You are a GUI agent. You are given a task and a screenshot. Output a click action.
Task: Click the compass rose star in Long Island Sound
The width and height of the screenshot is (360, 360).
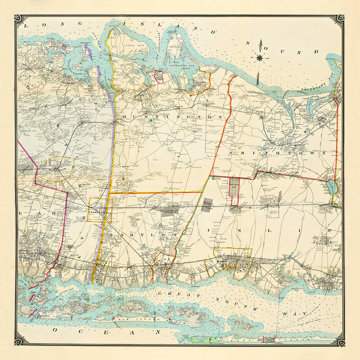pyautogui.click(x=260, y=57)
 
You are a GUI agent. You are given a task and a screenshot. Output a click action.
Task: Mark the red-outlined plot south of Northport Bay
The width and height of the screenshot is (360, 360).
pyautogui.click(x=158, y=76)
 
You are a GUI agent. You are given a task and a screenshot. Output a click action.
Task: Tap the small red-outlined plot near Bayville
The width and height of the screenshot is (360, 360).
pyautogui.click(x=64, y=47)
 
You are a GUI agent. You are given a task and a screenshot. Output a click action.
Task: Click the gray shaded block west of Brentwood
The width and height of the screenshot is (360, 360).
pyautogui.click(x=207, y=205)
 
